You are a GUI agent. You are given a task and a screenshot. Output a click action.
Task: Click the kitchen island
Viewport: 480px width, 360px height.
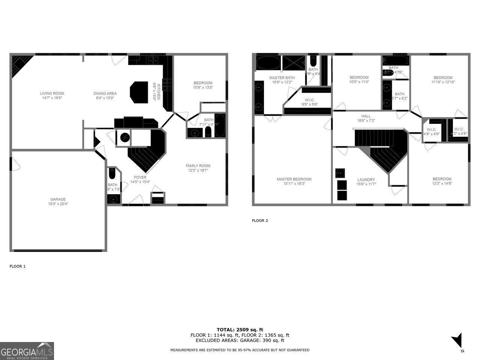point(139,92)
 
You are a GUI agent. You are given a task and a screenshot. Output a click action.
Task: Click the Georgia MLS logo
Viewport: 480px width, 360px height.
point(27,351)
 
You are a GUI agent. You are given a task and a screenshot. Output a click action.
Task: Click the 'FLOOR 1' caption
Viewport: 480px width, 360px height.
point(18,266)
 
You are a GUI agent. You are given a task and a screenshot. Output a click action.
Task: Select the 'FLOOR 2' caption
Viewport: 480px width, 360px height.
point(260,220)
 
